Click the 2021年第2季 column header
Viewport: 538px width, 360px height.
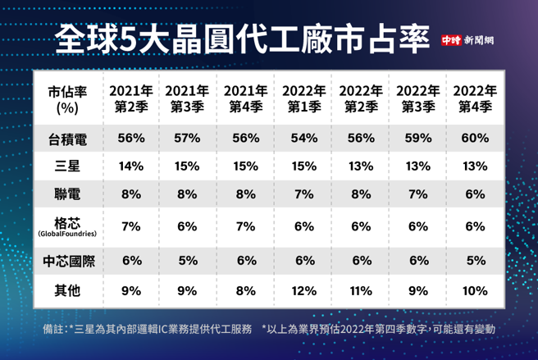point(130,98)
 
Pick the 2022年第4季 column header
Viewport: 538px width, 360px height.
point(473,98)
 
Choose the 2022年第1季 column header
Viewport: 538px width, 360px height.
point(301,98)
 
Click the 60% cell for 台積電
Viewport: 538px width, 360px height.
point(473,139)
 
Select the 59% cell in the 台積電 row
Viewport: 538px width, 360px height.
point(417,139)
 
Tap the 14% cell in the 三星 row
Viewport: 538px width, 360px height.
point(130,166)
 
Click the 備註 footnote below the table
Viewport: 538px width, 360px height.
point(270,329)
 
